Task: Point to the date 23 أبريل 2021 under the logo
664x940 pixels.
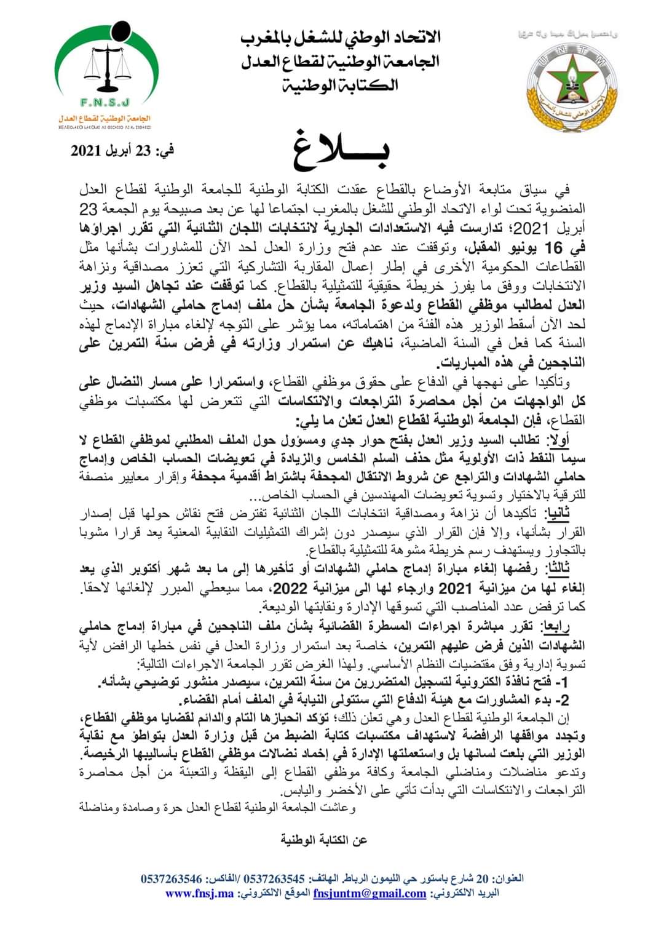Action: [122, 150]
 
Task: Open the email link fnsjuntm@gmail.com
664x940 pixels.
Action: [370, 893]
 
